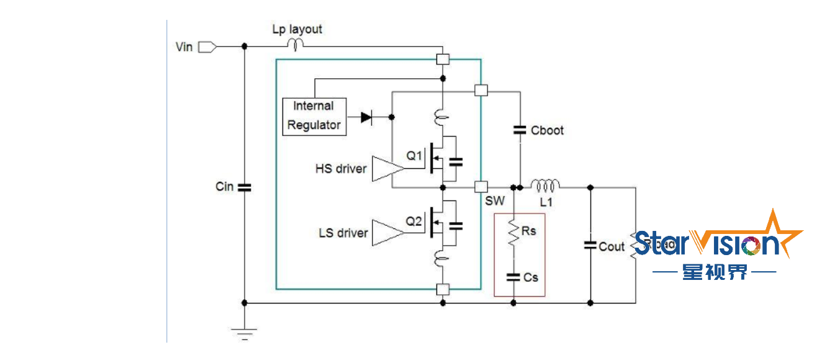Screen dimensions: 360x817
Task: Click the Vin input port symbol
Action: tap(207, 47)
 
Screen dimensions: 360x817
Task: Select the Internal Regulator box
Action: tap(314, 116)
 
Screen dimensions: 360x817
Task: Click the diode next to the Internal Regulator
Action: tap(366, 117)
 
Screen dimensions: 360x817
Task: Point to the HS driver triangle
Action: tap(386, 169)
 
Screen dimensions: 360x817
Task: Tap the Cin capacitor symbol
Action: tap(244, 187)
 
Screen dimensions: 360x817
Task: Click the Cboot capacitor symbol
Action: tap(520, 130)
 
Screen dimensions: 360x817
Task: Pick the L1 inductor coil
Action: tap(544, 184)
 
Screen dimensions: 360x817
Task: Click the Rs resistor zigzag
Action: tap(513, 232)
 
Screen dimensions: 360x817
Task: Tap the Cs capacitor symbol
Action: tap(513, 277)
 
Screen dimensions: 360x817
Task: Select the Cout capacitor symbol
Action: tap(590, 246)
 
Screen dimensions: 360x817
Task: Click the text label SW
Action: tap(495, 202)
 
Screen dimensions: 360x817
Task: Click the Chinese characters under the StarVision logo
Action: tap(715, 272)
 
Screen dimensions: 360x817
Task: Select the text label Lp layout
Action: tap(297, 29)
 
